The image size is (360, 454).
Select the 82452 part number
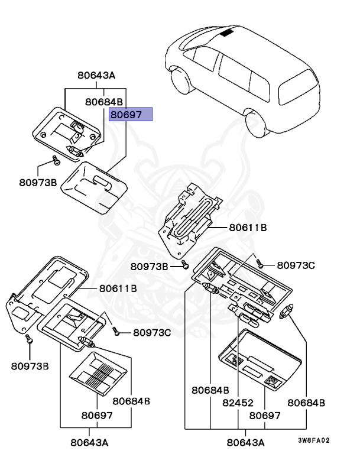239,402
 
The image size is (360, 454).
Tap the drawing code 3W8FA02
313,440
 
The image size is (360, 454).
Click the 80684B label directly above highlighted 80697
103,102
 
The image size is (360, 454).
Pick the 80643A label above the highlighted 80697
96,76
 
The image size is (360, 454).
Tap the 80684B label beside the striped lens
131,401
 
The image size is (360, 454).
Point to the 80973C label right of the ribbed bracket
297,265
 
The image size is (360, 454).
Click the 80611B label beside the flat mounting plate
118,288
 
